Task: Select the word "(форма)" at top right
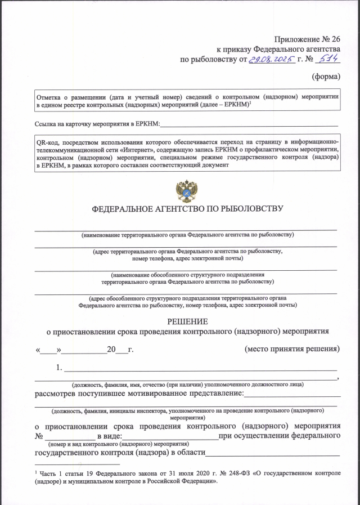(326, 76)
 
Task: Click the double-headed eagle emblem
(186, 191)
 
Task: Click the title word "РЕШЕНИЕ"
(187, 321)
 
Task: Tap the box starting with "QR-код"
(187, 154)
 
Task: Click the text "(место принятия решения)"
(292, 349)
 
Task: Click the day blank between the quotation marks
(48, 350)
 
